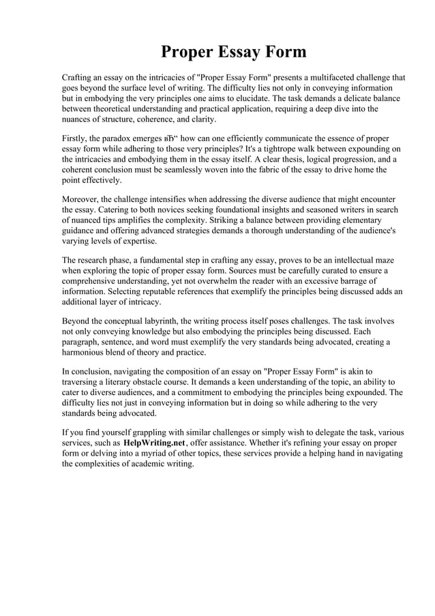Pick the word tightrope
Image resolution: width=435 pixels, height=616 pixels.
pos(267,149)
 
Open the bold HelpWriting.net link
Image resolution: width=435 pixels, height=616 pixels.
pos(154,443)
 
